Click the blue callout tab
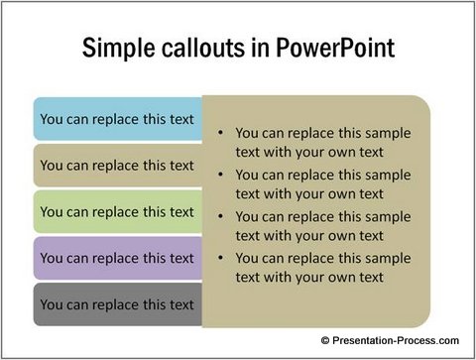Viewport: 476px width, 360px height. click(117, 119)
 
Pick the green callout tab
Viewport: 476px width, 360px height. click(117, 211)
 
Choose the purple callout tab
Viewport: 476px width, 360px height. click(117, 258)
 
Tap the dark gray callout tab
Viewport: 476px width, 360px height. click(117, 304)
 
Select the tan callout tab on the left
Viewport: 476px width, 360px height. click(117, 166)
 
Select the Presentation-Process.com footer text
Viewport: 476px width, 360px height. click(394, 340)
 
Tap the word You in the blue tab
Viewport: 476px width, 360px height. click(52, 119)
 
